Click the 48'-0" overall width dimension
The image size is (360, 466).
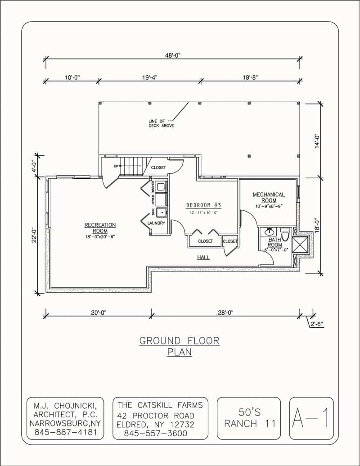click(x=173, y=55)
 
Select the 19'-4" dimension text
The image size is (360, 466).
click(x=150, y=77)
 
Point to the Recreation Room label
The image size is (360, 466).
click(x=100, y=228)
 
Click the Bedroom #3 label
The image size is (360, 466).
click(x=204, y=205)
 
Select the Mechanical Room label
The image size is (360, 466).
click(x=268, y=198)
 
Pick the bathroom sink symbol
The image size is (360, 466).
click(x=270, y=231)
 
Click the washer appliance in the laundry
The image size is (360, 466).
click(x=162, y=185)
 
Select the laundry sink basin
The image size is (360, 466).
click(x=162, y=213)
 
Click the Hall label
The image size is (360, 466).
click(x=203, y=258)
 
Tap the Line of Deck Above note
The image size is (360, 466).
click(x=161, y=123)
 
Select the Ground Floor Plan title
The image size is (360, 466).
click(x=180, y=346)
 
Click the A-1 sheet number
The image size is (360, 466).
click(x=311, y=418)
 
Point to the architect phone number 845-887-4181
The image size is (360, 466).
click(x=65, y=433)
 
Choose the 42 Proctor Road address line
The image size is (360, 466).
click(x=156, y=415)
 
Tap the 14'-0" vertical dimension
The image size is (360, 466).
click(x=317, y=141)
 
